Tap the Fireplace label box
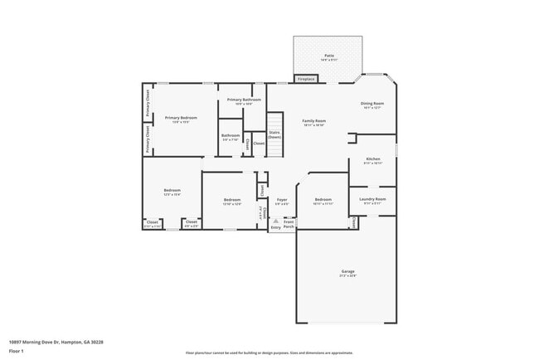coord(306,80)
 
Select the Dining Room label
coord(371,105)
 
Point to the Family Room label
coord(313,122)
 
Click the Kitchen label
coord(373,160)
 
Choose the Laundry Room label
coord(372,200)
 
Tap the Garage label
coord(347,272)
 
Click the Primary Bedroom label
coord(180,119)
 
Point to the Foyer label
coord(282,200)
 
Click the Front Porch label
coord(289,223)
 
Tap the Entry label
coord(275,227)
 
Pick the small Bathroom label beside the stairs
coord(230,137)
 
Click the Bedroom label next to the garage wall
coord(323,200)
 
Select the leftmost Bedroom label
coord(172,192)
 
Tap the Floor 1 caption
coord(16,351)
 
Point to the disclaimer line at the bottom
coord(269,353)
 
